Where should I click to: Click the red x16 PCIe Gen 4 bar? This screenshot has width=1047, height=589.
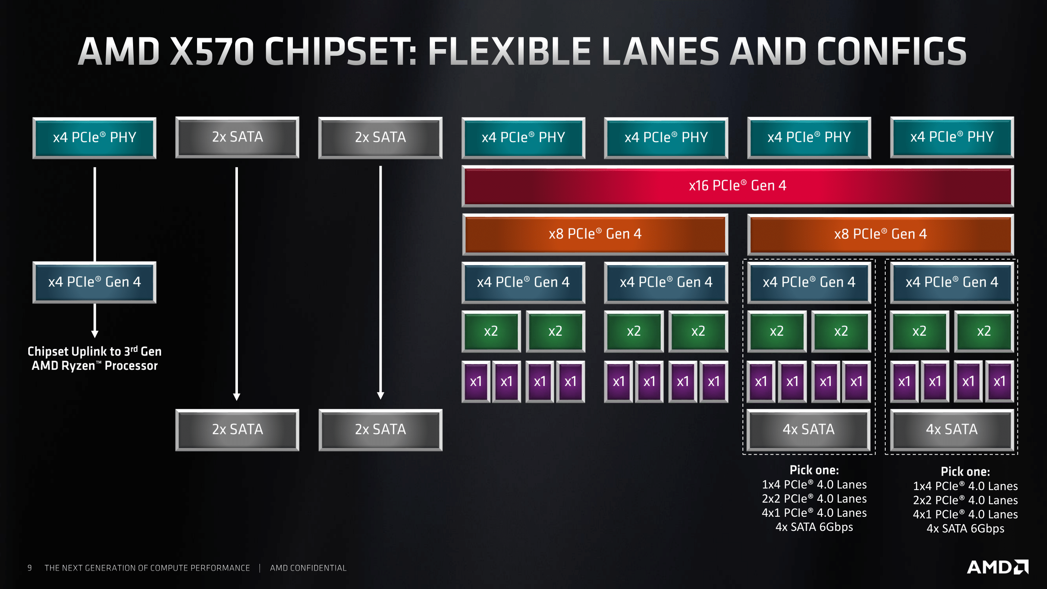click(x=737, y=186)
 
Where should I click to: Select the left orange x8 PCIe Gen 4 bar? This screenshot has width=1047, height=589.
click(x=595, y=234)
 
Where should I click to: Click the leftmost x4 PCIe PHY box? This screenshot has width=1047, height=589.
click(x=94, y=137)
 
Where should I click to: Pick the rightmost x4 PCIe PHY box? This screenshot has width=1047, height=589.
click(x=952, y=137)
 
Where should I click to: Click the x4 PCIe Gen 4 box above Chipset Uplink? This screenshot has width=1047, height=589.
click(x=94, y=282)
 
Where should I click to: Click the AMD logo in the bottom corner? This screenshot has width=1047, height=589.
click(x=997, y=567)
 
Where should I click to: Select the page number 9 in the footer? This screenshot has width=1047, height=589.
click(x=30, y=568)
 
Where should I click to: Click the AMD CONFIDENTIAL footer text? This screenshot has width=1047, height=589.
click(x=308, y=568)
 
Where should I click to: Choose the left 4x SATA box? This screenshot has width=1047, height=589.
click(x=808, y=430)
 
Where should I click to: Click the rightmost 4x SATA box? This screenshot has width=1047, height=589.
click(x=952, y=430)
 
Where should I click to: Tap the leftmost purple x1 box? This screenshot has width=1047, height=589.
click(x=475, y=382)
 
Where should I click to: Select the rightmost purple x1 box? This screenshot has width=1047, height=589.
click(x=999, y=382)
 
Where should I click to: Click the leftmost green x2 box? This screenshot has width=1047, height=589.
click(x=491, y=331)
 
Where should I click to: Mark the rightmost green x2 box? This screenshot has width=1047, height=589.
click(x=983, y=331)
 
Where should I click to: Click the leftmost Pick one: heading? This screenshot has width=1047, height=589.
click(x=814, y=470)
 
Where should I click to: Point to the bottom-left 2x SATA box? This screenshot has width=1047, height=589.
click(x=238, y=430)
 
